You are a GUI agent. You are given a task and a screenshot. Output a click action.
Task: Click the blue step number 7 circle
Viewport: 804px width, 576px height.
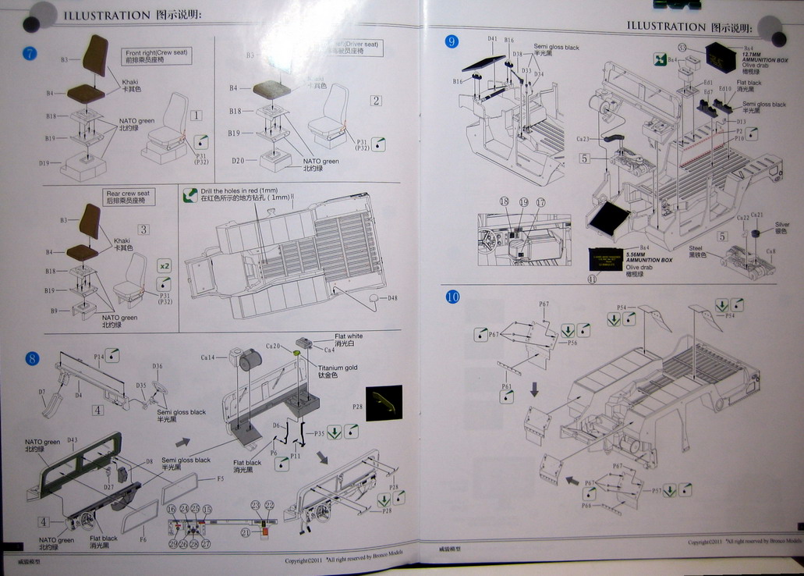click(x=30, y=53)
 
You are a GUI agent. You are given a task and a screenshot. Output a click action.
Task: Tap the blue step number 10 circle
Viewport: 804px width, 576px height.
click(x=452, y=297)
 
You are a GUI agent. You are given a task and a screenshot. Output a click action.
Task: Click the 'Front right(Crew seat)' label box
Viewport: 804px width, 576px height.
click(x=157, y=55)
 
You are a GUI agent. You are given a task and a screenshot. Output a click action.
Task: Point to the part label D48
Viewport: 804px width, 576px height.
click(x=391, y=298)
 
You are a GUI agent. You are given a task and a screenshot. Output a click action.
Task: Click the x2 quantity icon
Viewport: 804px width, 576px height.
click(x=164, y=265)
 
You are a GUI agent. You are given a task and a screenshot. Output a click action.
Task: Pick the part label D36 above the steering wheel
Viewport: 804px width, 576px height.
click(x=158, y=366)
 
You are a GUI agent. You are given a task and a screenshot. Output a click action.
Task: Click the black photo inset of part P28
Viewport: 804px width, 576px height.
click(x=384, y=403)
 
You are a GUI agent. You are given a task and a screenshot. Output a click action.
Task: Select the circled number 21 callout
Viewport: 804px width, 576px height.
click(x=245, y=532)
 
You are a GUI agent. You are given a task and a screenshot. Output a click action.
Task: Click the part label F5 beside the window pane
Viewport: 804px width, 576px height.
click(x=221, y=478)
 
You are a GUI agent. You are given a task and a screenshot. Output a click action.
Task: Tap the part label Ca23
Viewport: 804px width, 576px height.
click(x=583, y=139)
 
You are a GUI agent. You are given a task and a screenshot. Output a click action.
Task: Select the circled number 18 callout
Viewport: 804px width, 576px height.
click(x=505, y=202)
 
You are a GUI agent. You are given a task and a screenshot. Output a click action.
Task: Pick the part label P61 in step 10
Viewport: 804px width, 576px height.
click(x=507, y=386)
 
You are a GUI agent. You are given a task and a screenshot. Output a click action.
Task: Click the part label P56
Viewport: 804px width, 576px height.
click(x=572, y=343)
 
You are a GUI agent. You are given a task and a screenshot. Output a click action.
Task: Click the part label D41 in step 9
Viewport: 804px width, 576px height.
click(x=492, y=39)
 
